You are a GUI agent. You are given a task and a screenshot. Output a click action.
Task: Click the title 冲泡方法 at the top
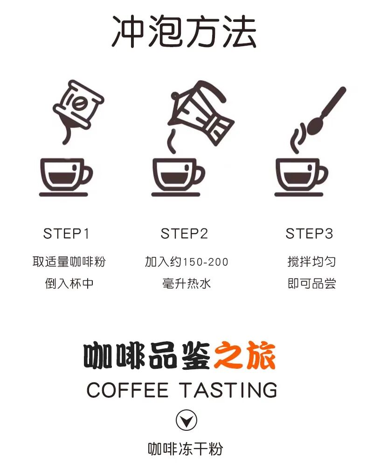pos(184,32)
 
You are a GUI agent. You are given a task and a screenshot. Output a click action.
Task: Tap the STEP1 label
pos(66,234)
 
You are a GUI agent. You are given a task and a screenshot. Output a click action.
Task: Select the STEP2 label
pos(184,234)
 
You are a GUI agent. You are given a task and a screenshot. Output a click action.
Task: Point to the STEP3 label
pos(309,234)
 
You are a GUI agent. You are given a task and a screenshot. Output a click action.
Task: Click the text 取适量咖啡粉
pos(69,262)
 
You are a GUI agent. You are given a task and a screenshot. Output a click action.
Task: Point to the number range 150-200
pos(206,262)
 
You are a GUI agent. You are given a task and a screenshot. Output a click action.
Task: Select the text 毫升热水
pos(186,284)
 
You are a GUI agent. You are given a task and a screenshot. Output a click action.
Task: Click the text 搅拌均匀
pos(311,262)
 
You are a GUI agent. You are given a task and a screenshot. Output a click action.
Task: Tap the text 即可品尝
pos(311,284)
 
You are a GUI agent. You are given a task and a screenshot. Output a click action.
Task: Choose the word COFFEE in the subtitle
pos(127,390)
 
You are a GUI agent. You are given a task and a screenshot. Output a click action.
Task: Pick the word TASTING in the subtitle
pos(228,390)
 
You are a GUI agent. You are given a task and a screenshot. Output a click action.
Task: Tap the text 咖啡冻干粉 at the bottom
pos(185,449)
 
